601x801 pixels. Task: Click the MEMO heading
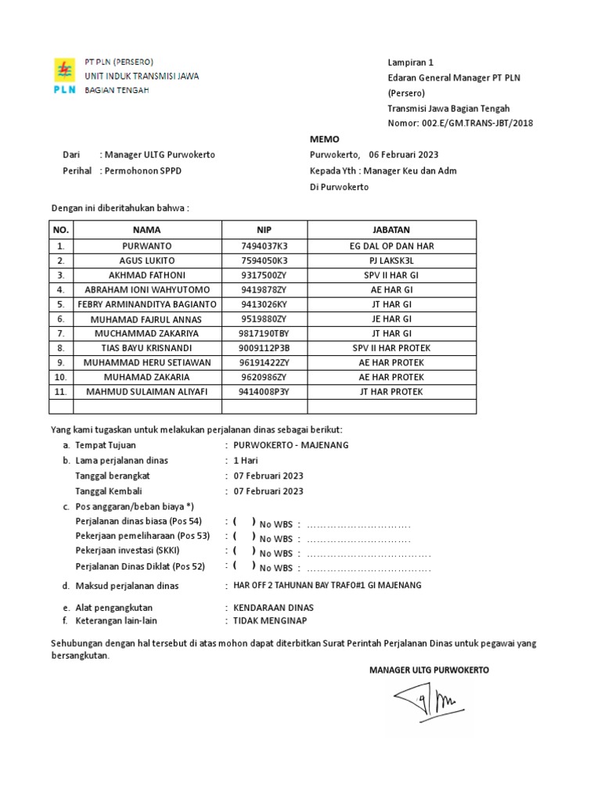pos(324,138)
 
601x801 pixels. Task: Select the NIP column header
pos(264,230)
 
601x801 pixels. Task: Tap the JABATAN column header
pos(391,230)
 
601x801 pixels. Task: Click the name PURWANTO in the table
pos(146,246)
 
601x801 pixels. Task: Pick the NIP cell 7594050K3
pos(264,260)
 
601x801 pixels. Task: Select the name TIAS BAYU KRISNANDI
pos(146,348)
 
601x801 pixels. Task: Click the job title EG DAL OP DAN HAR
pos(391,246)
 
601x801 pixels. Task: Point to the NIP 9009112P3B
pos(264,348)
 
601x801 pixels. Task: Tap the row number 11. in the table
pos(60,392)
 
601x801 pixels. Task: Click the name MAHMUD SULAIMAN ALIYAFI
pos(146,392)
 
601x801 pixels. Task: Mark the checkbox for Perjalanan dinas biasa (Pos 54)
pos(243,522)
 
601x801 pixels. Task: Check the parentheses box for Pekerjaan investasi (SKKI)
pos(243,551)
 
